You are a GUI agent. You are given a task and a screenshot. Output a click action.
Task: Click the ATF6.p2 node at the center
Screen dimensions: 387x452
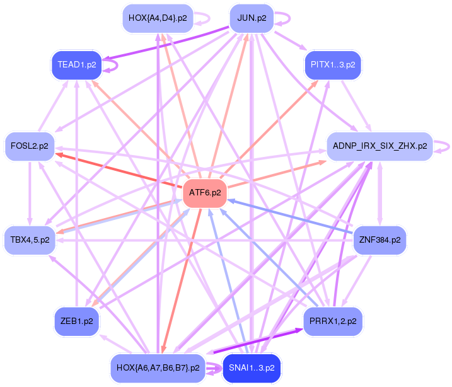205,193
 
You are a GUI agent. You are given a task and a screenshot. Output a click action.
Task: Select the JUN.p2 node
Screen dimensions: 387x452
251,18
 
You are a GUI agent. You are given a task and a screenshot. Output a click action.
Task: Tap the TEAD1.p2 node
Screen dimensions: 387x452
77,64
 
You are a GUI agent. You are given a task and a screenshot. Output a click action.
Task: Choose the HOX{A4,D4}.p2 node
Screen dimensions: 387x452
157,18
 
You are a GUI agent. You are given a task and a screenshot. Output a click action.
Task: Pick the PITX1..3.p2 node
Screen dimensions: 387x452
332,64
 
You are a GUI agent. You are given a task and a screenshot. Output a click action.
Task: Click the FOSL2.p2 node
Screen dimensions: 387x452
30,146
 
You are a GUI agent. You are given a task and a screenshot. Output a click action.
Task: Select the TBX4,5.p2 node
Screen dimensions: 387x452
30,240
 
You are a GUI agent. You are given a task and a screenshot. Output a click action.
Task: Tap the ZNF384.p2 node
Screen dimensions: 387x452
379,240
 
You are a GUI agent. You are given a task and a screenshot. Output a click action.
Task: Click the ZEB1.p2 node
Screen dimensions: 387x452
77,321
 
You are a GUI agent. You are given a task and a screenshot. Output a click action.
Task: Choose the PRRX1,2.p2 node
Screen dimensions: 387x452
332,321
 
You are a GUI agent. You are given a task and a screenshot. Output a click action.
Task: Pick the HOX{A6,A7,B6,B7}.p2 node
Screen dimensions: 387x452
158,367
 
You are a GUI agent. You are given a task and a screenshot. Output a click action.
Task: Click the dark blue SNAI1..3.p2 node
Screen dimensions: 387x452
251,367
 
